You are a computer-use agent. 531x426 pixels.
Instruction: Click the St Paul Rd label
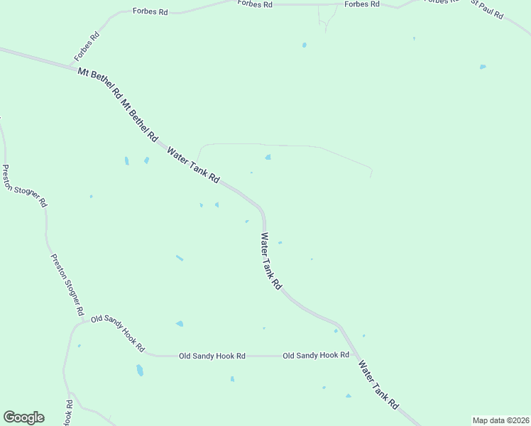tap(487, 9)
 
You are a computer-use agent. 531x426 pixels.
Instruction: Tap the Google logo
tap(23, 417)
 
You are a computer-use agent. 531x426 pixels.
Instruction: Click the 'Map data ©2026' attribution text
tap(500, 420)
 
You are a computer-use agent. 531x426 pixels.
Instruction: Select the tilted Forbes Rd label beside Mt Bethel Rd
tap(87, 47)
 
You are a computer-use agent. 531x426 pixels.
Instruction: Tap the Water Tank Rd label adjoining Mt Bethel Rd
tap(193, 165)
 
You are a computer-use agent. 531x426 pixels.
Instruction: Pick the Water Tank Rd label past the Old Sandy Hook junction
tap(378, 384)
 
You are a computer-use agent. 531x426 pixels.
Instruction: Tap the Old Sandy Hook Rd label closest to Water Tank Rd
tap(316, 355)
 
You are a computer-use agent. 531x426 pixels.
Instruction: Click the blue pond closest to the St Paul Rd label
tap(483, 67)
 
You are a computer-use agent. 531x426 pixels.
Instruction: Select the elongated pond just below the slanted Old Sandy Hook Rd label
tap(139, 370)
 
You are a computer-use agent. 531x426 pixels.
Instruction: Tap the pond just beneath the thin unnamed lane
tap(268, 157)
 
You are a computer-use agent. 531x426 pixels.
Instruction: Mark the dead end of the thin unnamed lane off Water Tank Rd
tap(371, 176)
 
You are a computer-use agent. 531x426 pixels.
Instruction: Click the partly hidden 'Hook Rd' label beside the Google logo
tap(69, 414)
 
